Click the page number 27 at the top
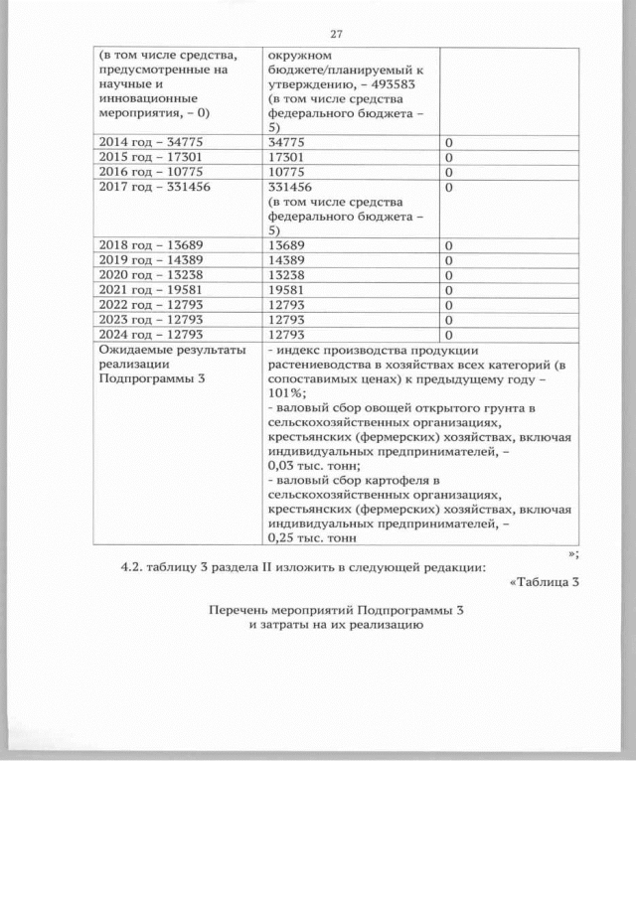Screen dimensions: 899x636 (336, 34)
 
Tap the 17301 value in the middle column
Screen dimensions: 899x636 (287, 157)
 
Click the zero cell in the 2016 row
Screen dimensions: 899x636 (449, 171)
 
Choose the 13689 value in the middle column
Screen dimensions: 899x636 (287, 245)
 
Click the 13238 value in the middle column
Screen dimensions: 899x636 (287, 275)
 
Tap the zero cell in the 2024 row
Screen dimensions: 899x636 (449, 335)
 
